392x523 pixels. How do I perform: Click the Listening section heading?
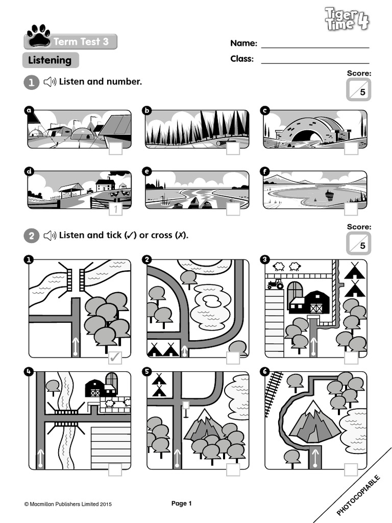click(50, 60)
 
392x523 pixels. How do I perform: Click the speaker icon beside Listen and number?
click(50, 82)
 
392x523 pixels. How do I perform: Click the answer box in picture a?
click(116, 148)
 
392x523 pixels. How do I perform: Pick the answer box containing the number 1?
click(116, 208)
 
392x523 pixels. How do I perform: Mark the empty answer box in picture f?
click(351, 208)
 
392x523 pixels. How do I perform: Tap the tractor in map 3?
click(275, 284)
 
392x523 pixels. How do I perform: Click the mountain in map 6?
click(312, 423)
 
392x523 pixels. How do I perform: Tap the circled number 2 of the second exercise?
click(32, 235)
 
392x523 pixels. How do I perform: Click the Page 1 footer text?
click(181, 504)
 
